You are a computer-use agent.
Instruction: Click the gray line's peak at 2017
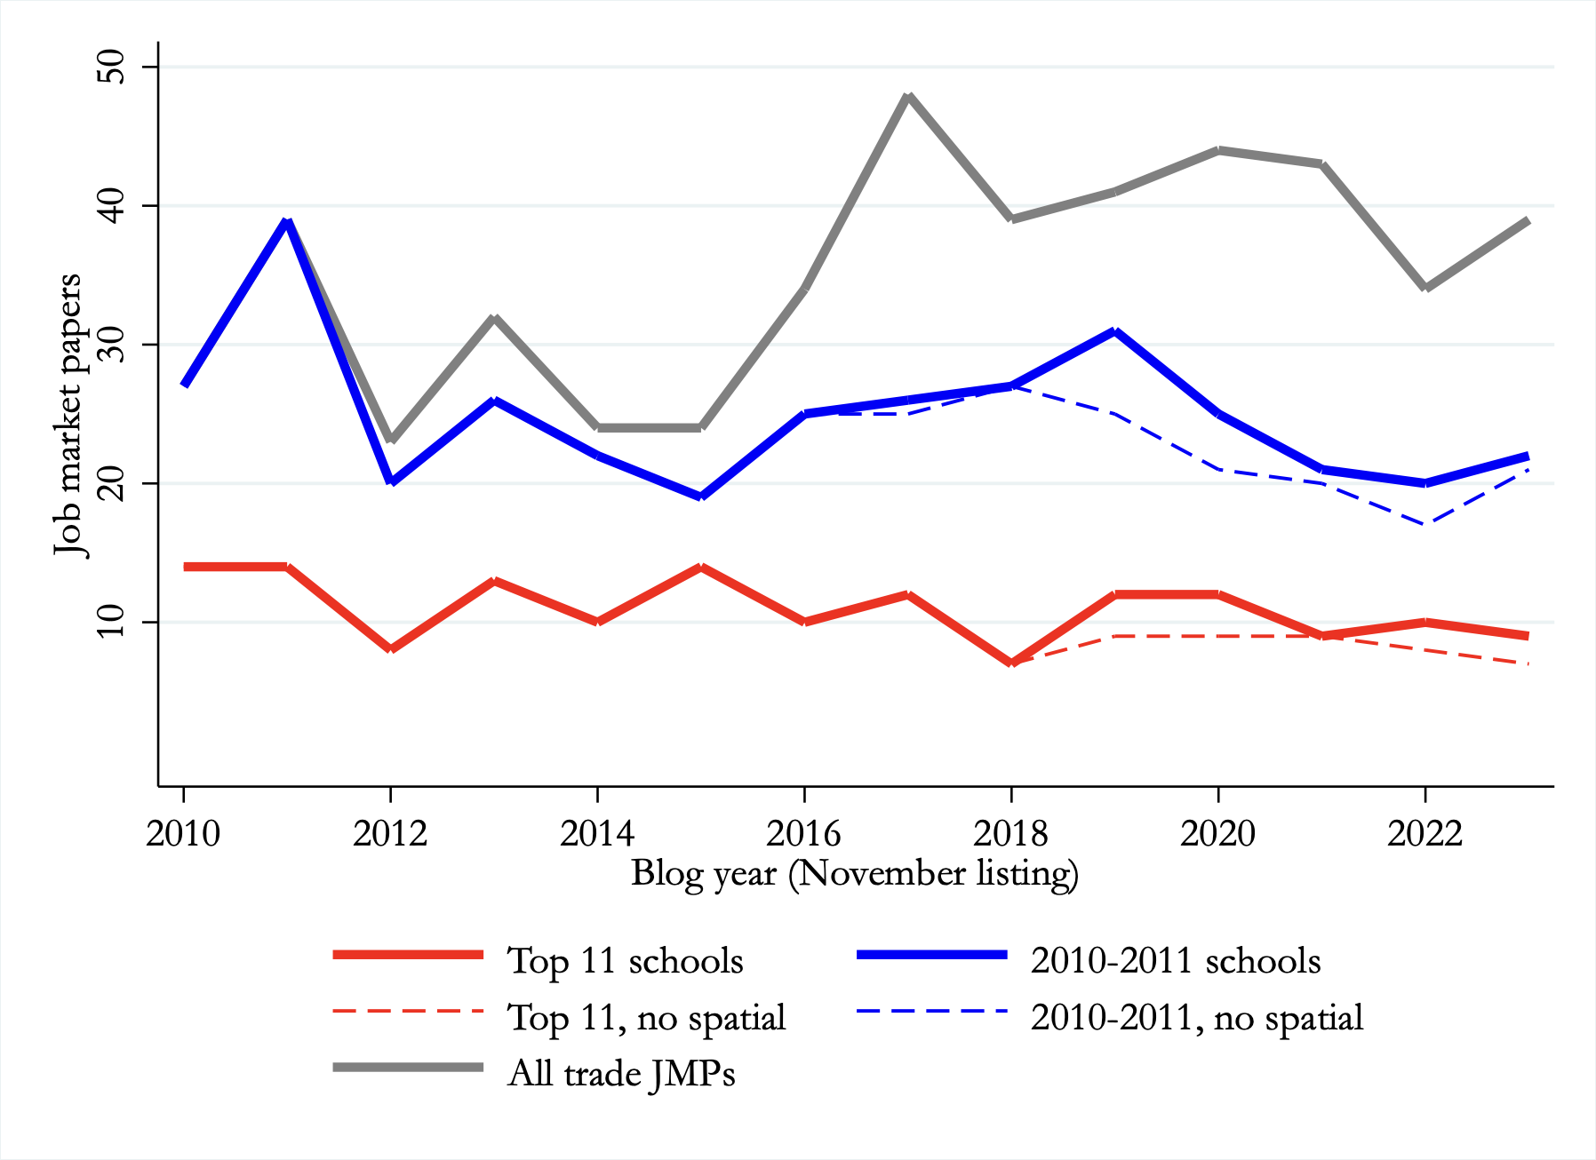pos(907,96)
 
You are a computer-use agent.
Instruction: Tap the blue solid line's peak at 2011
pos(286,221)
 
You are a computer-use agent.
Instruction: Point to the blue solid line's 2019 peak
pos(1114,331)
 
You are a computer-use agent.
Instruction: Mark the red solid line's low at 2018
pos(1011,663)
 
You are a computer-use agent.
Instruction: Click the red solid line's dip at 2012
pos(390,649)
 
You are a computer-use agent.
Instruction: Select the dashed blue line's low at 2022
pos(1424,524)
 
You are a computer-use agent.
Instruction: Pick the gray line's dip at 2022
pos(1424,288)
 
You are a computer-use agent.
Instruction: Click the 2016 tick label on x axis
pos(803,833)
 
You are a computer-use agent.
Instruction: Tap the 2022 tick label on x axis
pos(1424,833)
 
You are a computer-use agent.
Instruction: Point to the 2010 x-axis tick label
pos(183,833)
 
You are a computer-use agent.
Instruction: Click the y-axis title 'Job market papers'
pos(68,414)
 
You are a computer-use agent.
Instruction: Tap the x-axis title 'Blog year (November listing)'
pos(855,874)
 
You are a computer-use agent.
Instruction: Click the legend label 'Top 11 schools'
pos(625,961)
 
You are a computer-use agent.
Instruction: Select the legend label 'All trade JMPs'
pos(621,1074)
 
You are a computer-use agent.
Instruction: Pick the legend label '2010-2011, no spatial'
pos(1196,1018)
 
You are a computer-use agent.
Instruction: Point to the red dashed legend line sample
pos(408,1011)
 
